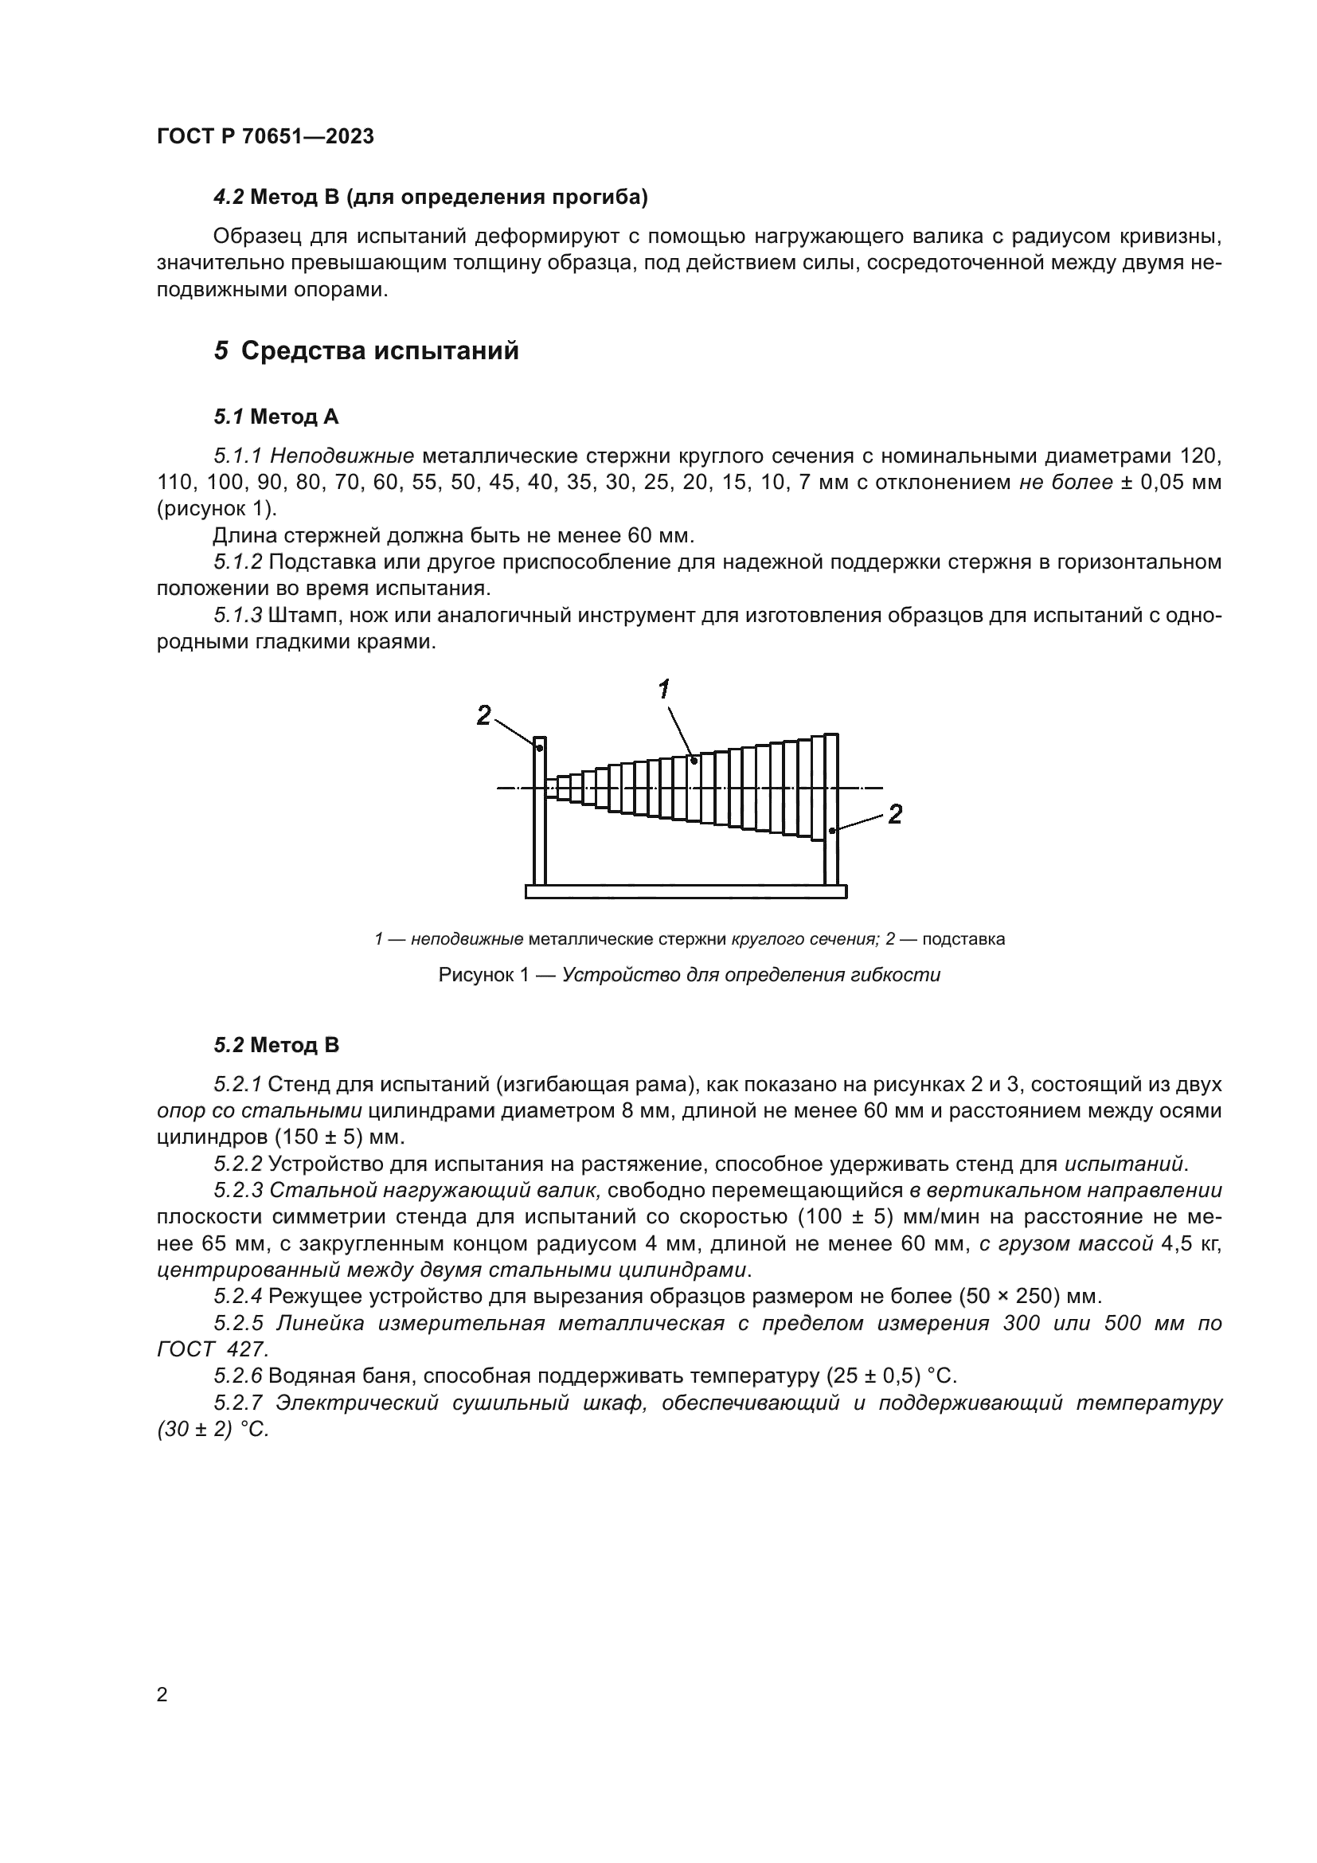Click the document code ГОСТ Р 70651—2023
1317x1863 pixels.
[x=265, y=137]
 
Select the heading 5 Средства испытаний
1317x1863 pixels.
[x=365, y=351]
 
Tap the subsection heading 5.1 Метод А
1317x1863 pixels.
[x=276, y=417]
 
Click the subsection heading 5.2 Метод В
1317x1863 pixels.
[x=276, y=1045]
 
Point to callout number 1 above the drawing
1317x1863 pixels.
[x=663, y=690]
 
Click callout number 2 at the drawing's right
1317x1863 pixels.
[x=894, y=814]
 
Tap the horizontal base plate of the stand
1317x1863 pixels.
[x=686, y=892]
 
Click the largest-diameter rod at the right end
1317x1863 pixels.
[x=830, y=787]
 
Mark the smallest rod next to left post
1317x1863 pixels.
[x=552, y=788]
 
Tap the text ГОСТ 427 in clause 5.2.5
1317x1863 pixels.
[x=212, y=1349]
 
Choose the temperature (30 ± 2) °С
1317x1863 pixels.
[x=213, y=1430]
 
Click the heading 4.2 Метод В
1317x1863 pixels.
[x=430, y=198]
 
